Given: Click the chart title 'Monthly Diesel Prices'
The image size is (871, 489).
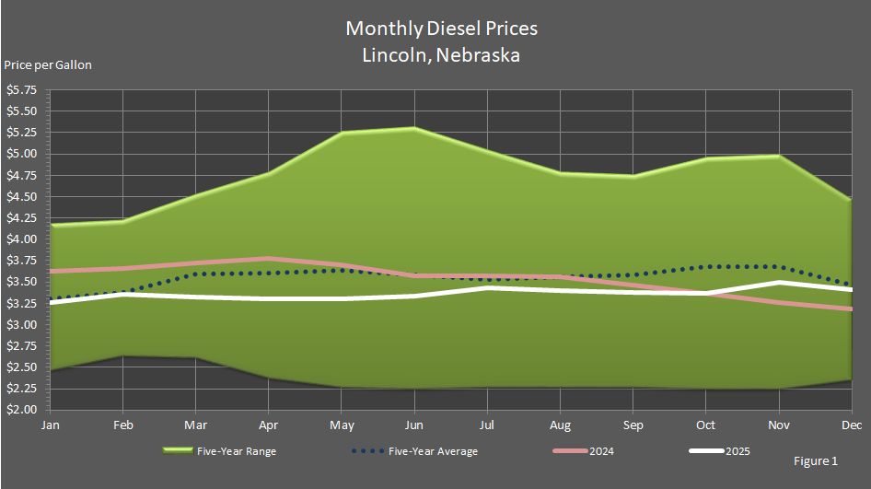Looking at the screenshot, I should [441, 29].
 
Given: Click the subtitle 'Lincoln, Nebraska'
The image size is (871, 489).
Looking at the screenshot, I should [441, 55].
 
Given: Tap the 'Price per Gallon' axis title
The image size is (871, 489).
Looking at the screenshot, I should [48, 65].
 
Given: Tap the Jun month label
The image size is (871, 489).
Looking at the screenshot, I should [414, 425].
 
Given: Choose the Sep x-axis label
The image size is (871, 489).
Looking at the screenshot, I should [633, 425].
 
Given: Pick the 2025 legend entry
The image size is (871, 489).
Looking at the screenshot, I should [719, 451].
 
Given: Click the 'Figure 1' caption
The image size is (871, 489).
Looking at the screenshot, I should [815, 460].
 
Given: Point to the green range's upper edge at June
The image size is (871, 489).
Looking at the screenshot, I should [414, 128].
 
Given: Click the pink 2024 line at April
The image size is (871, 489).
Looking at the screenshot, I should [268, 259].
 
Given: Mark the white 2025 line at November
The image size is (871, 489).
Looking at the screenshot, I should [780, 283].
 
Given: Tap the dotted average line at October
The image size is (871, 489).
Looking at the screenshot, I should [706, 267].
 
